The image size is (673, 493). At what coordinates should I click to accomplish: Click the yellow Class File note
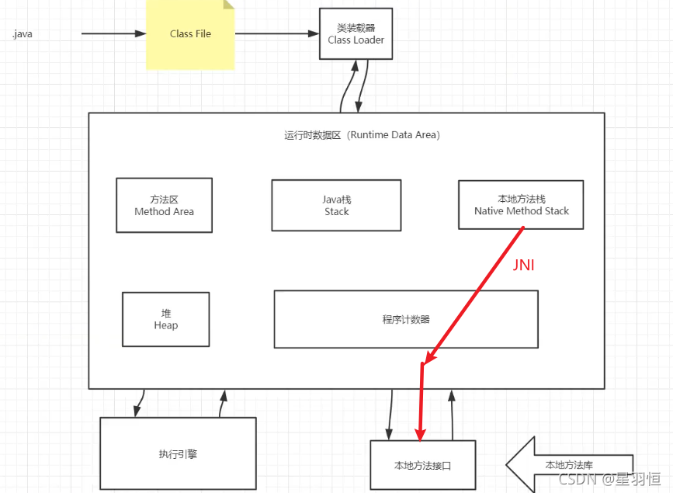(x=190, y=35)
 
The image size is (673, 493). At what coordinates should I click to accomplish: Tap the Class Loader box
(x=356, y=34)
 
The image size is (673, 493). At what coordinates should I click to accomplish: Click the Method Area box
(x=164, y=205)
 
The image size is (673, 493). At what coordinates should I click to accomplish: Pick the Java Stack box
(x=336, y=205)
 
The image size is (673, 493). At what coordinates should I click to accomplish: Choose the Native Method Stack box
(x=521, y=205)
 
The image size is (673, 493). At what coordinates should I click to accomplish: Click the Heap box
(x=165, y=319)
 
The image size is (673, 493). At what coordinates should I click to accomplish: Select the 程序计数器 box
(x=406, y=319)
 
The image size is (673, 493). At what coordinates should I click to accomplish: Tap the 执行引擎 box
(x=178, y=453)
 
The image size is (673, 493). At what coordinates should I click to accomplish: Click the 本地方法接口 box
(x=422, y=466)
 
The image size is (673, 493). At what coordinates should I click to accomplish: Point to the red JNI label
(x=524, y=266)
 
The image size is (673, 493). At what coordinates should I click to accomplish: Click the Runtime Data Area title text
(x=363, y=135)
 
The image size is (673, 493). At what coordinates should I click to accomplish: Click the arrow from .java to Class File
(x=113, y=34)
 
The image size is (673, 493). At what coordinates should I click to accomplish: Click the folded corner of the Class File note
(x=228, y=5)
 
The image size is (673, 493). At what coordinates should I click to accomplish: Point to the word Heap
(x=165, y=325)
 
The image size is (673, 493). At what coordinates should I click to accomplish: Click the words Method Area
(x=164, y=211)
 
